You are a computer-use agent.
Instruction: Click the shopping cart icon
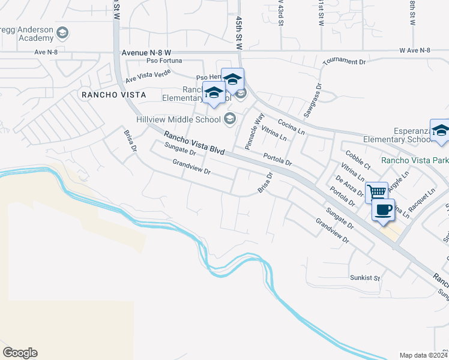click(376, 192)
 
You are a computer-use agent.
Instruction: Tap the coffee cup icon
click(383, 209)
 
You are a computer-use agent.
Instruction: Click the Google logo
click(20, 353)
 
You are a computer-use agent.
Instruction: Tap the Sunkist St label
click(366, 278)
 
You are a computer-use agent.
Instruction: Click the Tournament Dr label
click(344, 62)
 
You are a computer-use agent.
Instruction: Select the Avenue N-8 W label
click(147, 52)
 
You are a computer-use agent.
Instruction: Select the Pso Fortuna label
click(163, 61)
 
